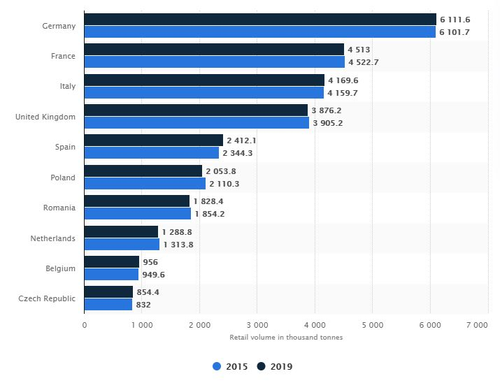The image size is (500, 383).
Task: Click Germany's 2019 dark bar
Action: tap(259, 20)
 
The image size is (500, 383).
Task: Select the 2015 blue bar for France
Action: tap(224, 62)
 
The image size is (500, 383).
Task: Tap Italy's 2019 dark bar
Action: tap(204, 80)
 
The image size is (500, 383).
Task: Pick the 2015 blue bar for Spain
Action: tap(151, 153)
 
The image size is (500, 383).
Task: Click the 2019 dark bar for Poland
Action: tap(143, 171)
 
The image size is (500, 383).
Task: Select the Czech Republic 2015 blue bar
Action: tap(108, 305)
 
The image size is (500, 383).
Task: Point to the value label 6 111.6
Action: tap(455, 20)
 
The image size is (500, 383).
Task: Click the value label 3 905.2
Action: tap(327, 123)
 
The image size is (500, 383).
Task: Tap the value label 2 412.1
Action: tap(243, 140)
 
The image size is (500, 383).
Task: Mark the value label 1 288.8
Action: tap(178, 231)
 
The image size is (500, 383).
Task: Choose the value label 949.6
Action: tap(155, 275)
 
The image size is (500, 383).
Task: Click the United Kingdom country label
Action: tap(45, 117)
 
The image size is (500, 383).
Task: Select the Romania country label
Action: tap(59, 208)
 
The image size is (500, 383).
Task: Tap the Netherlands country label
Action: tap(52, 238)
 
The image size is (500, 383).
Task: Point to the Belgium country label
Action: tap(60, 268)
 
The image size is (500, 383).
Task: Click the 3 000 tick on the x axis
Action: tap(257, 325)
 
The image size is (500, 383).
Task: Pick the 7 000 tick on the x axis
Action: tap(477, 325)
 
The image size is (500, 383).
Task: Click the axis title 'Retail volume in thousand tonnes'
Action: tap(286, 338)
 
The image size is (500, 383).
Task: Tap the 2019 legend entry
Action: tap(275, 366)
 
